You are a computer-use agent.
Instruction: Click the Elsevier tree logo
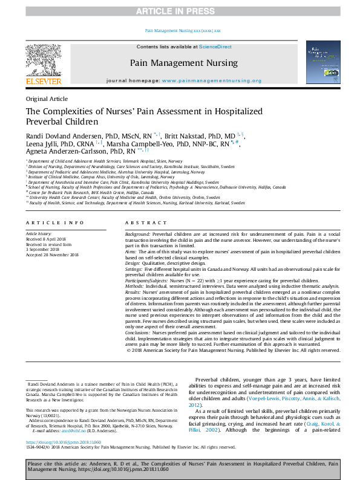point(43,60)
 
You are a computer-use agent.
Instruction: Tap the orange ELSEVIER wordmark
point(43,81)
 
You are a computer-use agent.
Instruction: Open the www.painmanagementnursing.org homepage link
point(212,80)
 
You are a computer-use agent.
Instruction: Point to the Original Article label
point(47,99)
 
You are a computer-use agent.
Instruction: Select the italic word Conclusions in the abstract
point(137,316)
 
